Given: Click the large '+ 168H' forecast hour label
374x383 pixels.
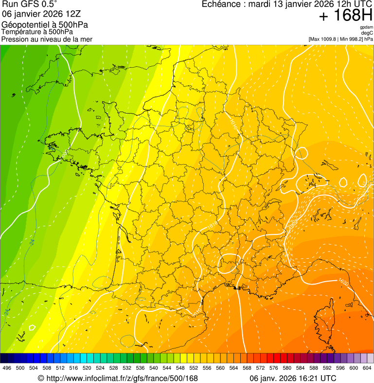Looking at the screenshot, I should pos(345,16).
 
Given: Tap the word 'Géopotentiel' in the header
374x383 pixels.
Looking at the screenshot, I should pos(24,25).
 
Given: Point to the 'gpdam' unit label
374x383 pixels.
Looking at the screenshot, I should pos(366,27).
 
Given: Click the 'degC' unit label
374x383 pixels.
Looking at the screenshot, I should pos(367,33).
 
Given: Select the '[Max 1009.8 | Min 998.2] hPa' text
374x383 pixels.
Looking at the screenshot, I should pos(340,38).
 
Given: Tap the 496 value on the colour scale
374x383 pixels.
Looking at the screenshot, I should pos(7,368).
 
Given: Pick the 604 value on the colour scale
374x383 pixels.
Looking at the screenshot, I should pos(367,368).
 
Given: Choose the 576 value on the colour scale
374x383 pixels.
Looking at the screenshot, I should pos(274,368).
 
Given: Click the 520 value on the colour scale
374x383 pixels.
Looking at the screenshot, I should pos(87,368).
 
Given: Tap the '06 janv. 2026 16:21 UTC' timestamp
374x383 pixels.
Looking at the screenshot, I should pos(292,378).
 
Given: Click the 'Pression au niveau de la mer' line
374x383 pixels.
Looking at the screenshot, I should pos(47,38).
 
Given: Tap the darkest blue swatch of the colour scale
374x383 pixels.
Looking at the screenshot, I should pos(3,358).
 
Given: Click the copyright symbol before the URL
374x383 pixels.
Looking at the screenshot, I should pos(41,378).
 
